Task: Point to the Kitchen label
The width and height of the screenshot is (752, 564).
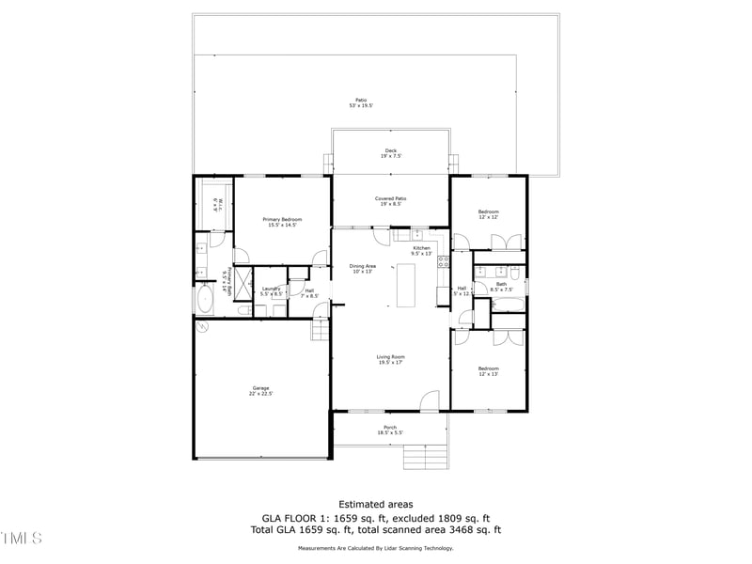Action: pyautogui.click(x=421, y=250)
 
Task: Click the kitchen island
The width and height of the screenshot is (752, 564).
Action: pyautogui.click(x=407, y=286)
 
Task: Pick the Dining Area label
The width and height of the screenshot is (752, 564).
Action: pyautogui.click(x=363, y=269)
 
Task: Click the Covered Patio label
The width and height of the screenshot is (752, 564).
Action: pyautogui.click(x=390, y=201)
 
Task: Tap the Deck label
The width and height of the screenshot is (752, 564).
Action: pyautogui.click(x=390, y=152)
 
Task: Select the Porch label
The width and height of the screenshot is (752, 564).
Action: pyautogui.click(x=389, y=430)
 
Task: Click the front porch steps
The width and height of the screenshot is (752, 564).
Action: pyautogui.click(x=424, y=457)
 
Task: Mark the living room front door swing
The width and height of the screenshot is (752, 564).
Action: pyautogui.click(x=430, y=401)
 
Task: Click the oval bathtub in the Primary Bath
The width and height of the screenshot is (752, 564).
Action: pyautogui.click(x=204, y=300)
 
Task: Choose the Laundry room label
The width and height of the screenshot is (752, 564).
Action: pyautogui.click(x=271, y=290)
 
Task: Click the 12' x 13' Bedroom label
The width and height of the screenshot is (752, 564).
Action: pyautogui.click(x=488, y=371)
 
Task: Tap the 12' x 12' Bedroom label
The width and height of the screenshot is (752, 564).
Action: pyautogui.click(x=488, y=214)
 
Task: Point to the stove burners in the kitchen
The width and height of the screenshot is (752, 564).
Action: pyautogui.click(x=442, y=263)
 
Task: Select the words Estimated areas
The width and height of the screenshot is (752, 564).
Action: pyautogui.click(x=375, y=505)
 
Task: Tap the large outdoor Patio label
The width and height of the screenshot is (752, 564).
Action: pyautogui.click(x=361, y=102)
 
